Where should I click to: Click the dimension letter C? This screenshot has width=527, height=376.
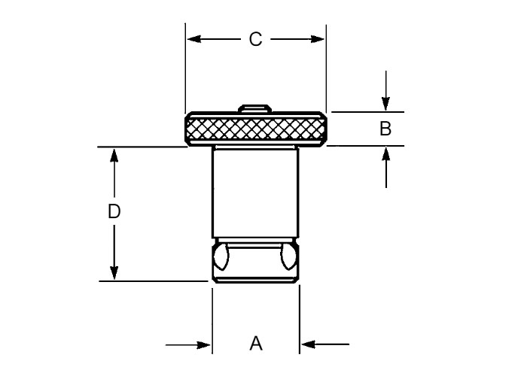255,39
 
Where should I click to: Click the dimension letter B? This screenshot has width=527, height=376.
385,129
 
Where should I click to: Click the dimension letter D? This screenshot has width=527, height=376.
114,211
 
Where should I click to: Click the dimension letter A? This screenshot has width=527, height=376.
256,344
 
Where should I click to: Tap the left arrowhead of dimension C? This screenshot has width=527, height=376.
194,39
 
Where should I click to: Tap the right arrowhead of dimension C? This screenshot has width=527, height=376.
317,39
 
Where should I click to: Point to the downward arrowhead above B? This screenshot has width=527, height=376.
385,104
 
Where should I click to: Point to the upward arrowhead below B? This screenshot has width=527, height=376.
385,154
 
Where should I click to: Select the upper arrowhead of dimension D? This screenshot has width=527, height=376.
114,156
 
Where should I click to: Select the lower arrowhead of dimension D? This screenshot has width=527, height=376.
114,272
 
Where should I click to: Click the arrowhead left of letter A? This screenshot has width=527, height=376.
203,344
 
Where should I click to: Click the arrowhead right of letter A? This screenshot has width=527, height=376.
308,344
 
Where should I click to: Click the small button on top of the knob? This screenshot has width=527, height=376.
255,108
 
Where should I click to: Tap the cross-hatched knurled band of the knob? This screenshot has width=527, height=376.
255,129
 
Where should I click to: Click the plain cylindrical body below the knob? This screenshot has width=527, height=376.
255,193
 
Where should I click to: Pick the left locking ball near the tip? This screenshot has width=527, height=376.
221,257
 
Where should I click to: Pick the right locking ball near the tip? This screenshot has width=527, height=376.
288,257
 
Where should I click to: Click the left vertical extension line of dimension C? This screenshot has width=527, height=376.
185,68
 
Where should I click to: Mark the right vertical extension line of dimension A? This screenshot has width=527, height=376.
300,320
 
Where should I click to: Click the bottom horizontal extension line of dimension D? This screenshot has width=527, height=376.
154,281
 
